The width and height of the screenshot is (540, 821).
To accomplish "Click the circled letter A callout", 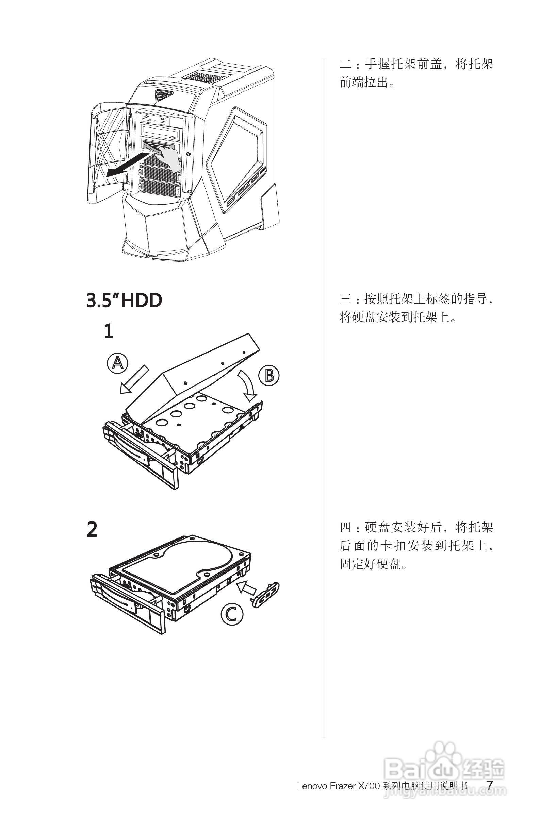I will click(117, 363).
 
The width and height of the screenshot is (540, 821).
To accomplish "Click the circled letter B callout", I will click(268, 375).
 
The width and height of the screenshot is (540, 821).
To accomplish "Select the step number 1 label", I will click(109, 331).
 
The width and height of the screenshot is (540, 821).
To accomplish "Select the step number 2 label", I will click(92, 529).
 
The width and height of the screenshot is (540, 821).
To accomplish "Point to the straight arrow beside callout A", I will click(134, 379).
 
